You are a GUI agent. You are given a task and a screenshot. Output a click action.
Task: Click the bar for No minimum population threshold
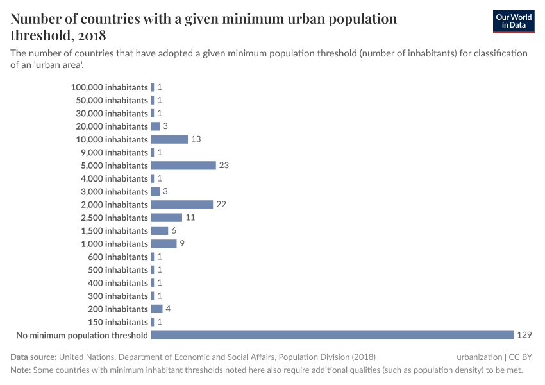pos(332,335)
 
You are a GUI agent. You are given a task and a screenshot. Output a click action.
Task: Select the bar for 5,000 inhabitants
pos(183,166)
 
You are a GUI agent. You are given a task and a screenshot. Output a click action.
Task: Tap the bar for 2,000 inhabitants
pos(182,205)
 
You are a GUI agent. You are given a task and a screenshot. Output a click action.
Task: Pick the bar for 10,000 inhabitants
pos(169,139)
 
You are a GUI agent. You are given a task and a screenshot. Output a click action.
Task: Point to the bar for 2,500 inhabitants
pos(167,218)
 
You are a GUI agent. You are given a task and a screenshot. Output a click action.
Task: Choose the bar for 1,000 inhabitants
pos(163,244)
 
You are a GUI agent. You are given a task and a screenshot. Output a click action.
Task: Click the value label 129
pos(524,335)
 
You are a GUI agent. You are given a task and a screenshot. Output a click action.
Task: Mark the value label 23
pos(224,166)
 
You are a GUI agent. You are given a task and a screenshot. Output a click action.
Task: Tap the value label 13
pos(196,139)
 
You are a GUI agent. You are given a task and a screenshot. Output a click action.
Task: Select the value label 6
pos(174,231)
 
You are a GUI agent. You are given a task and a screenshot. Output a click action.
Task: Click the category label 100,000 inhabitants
pos(110,87)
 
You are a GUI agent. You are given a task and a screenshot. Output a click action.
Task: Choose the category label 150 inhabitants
pos(118,322)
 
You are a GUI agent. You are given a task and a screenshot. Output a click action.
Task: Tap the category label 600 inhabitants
pos(118,257)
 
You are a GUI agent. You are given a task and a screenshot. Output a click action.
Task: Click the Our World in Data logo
pos(513,22)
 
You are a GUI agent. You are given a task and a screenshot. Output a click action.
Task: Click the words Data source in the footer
pos(33,357)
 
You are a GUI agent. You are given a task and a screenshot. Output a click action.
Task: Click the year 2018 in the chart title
pos(90,35)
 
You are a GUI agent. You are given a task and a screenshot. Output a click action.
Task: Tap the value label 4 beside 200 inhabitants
pos(168,309)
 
